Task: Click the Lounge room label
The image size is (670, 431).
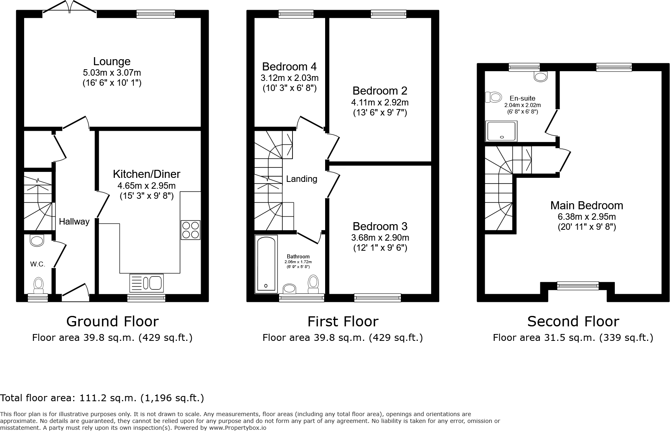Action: [112, 62]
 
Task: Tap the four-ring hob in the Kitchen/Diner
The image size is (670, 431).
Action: [191, 230]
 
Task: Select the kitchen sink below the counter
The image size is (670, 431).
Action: [146, 283]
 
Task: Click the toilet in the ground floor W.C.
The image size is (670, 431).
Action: [39, 284]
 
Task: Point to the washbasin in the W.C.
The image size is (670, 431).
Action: [37, 241]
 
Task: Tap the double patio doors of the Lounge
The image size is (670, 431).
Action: [70, 9]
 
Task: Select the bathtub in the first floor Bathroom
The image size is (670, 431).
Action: [266, 264]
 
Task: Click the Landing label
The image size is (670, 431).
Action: [301, 179]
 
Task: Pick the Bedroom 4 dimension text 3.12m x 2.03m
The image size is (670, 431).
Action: [289, 78]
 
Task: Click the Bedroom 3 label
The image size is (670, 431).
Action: [380, 226]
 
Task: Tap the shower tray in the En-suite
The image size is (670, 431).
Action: [502, 131]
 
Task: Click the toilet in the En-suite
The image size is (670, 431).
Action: [494, 97]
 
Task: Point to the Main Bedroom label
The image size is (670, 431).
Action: [587, 206]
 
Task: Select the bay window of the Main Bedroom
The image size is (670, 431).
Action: [577, 286]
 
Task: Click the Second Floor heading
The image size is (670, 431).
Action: [573, 322]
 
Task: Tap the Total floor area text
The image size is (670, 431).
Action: [102, 398]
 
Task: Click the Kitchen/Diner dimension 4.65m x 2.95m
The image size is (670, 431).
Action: [146, 186]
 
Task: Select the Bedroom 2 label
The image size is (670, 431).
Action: [380, 91]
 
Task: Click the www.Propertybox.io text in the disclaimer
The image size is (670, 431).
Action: [237, 428]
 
